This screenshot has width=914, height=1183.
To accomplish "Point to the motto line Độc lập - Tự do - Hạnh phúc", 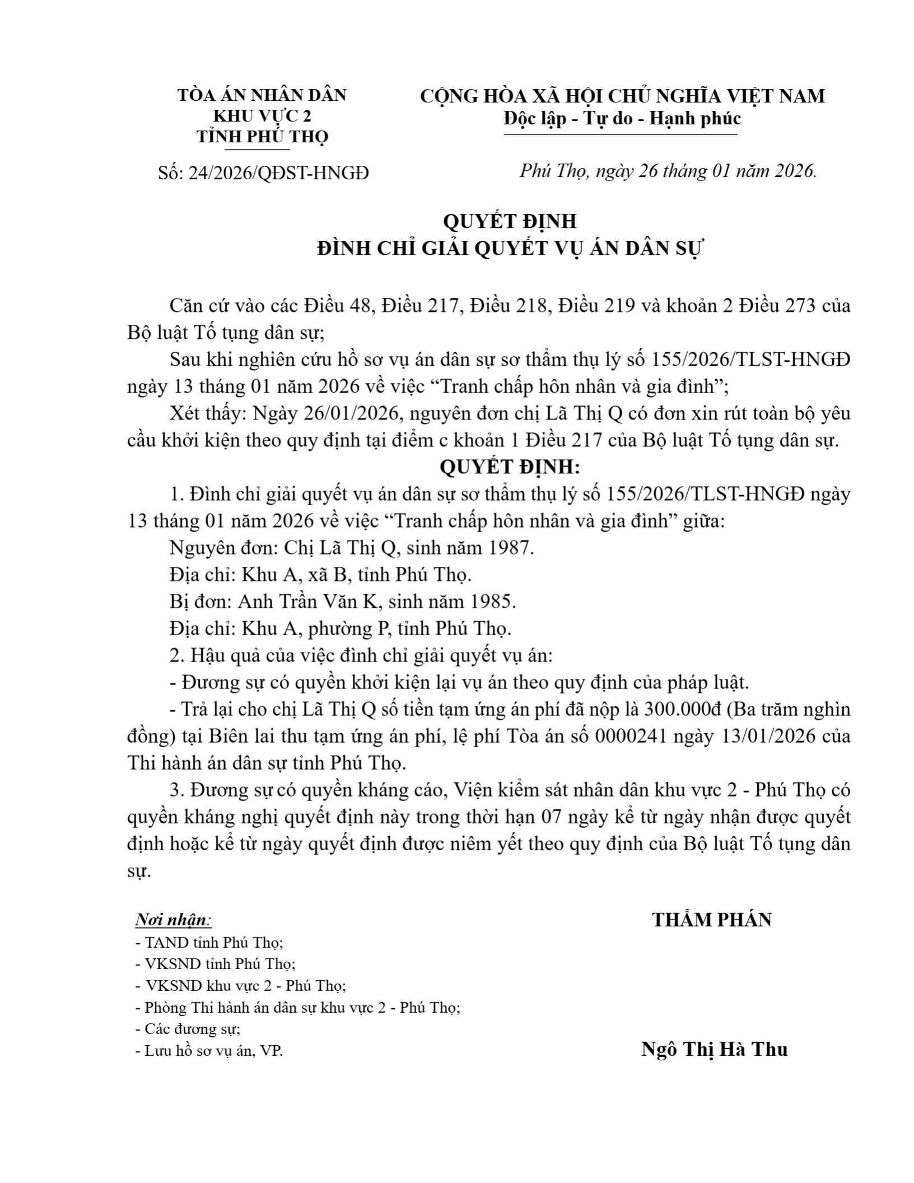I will coord(622,119).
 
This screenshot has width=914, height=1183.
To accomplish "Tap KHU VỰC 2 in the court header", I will coord(262,116).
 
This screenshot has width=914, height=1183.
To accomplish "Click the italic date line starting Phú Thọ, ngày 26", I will coord(668,171).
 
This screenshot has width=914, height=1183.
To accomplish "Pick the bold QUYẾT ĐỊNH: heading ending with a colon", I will coord(509,467).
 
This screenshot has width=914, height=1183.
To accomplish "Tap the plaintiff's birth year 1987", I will coord(510,548).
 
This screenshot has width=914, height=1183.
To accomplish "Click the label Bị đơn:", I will coord(201,602).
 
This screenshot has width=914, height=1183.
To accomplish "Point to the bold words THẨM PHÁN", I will coord(712,920).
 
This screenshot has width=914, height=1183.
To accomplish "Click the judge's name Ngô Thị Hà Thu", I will coord(714,1049).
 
